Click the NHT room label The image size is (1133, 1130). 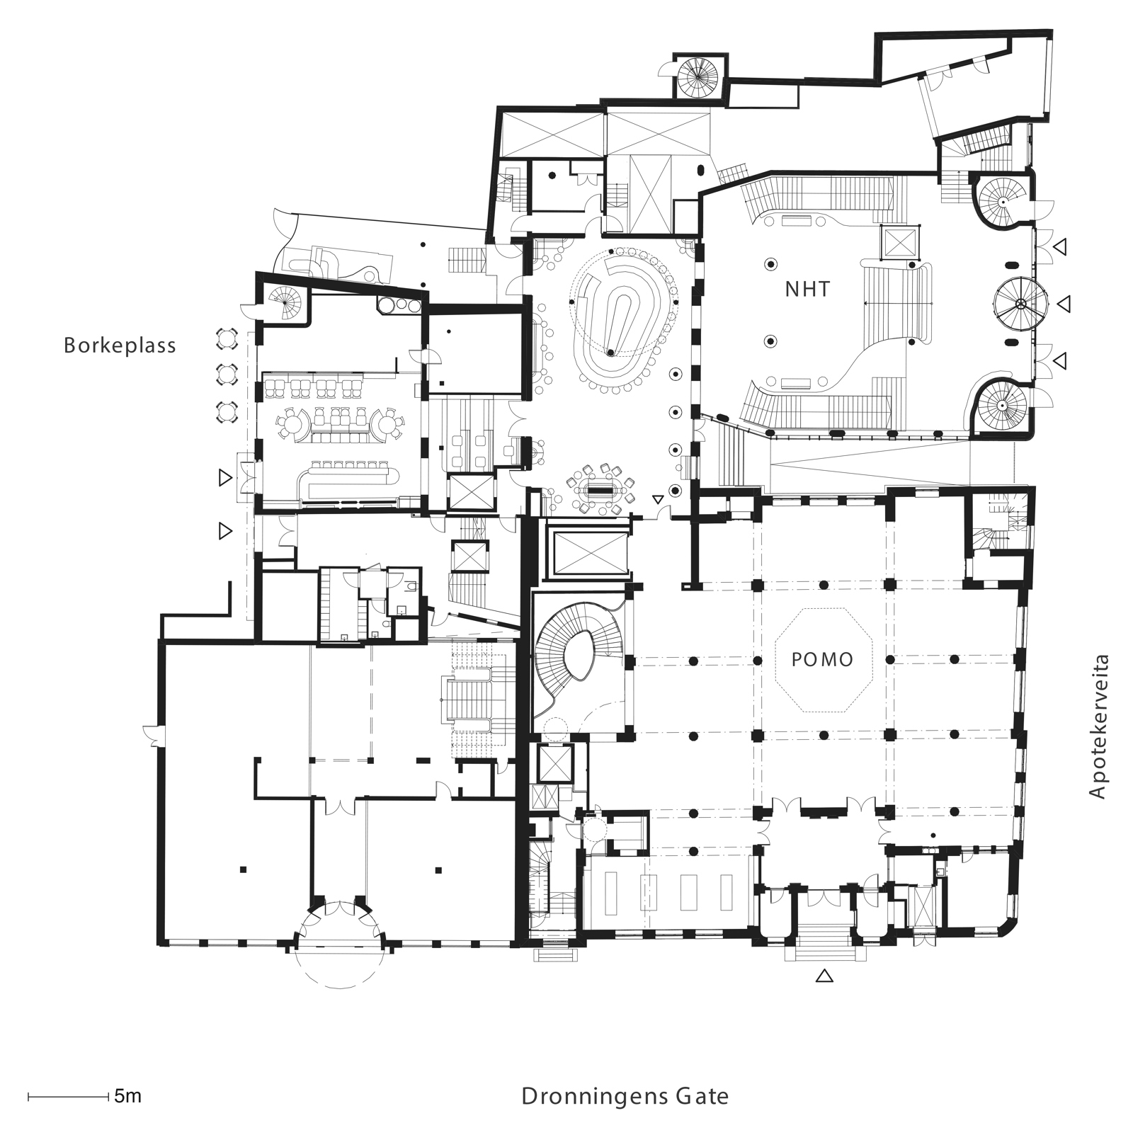coord(807,289)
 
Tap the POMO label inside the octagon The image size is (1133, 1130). coord(822,660)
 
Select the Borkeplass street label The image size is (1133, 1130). coord(120,346)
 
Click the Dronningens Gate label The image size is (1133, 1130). coord(625,1097)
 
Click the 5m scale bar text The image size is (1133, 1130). coord(127,1097)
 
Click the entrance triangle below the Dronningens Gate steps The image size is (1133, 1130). coord(824,976)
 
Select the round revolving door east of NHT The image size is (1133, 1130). coord(1020,304)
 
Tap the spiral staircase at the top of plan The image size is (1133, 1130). coord(698,76)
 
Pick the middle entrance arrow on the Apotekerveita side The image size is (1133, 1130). coord(1062,304)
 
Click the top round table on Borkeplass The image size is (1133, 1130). coord(226,338)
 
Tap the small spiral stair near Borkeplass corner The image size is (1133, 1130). coord(285,304)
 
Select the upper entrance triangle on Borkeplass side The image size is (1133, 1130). coord(225,479)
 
